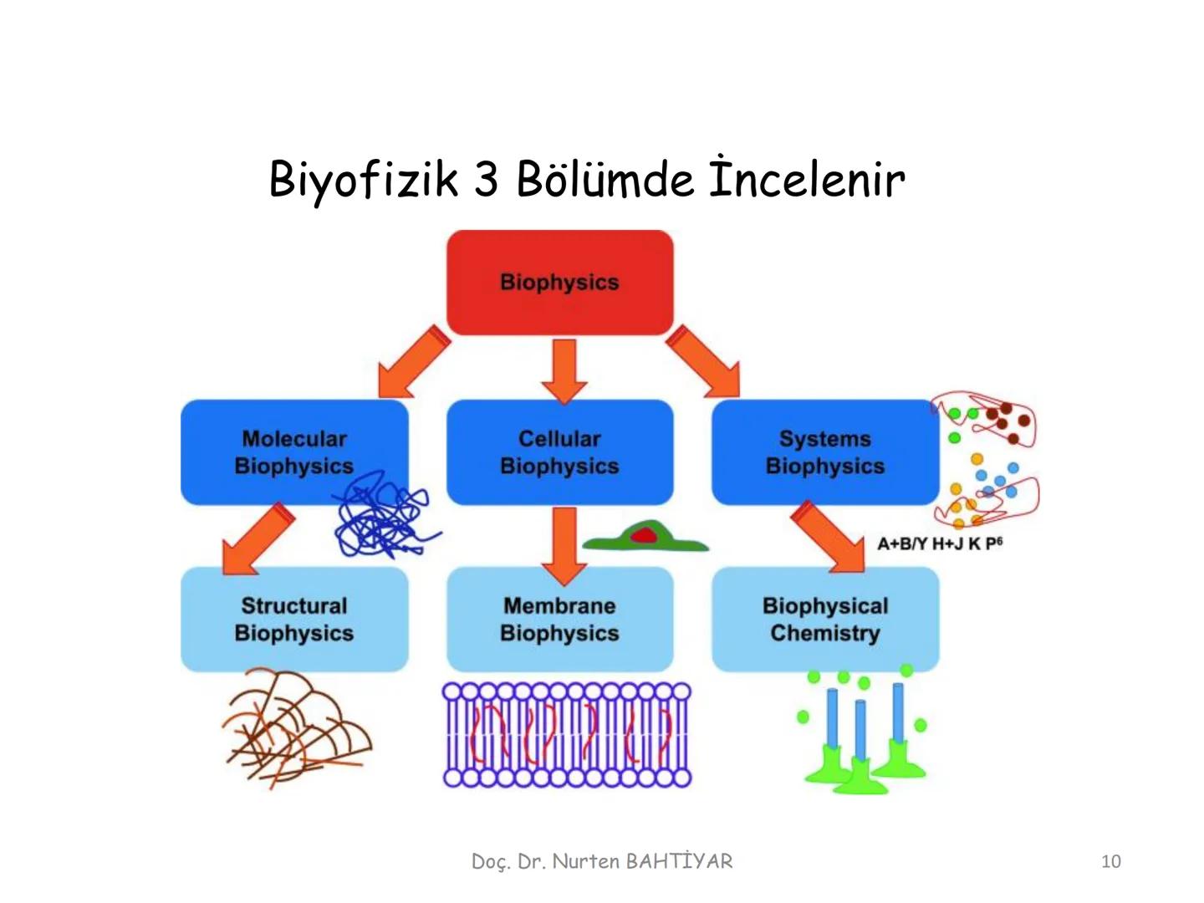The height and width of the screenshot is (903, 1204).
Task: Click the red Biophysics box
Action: click(x=559, y=283)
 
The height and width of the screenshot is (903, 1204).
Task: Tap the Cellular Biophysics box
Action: click(x=559, y=451)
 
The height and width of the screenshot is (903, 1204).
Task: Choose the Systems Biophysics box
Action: click(x=824, y=451)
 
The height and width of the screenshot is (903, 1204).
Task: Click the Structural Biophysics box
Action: click(x=294, y=619)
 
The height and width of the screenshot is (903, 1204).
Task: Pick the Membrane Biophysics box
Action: click(x=559, y=619)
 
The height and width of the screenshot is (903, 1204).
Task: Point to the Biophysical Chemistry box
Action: click(x=824, y=619)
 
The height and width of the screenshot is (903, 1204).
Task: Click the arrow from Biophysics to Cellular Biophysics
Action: click(x=564, y=370)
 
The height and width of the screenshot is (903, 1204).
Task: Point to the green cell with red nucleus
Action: click(x=645, y=538)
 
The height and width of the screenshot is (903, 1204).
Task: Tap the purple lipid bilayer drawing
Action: click(x=567, y=735)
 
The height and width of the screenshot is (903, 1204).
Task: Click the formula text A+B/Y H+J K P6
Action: click(x=939, y=543)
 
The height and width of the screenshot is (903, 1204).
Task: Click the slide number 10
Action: click(x=1110, y=861)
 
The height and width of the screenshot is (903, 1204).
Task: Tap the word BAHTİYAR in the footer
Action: click(x=678, y=861)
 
